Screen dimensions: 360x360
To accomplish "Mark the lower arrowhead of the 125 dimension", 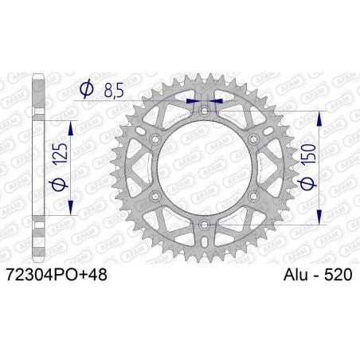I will pos(71,210).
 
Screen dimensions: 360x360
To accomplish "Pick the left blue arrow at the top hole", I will pos(191,102).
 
